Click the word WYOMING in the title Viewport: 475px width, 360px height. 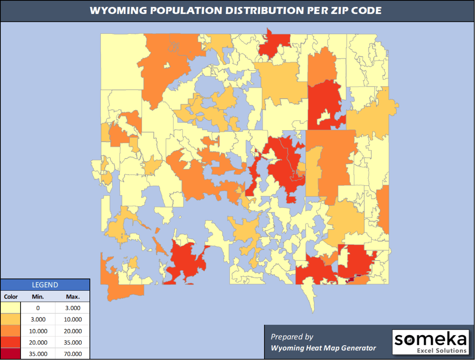[112, 11]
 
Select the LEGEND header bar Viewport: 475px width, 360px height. [45, 285]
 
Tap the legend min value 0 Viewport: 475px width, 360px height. [38, 308]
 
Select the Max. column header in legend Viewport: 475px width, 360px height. [73, 296]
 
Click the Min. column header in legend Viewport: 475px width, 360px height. [38, 296]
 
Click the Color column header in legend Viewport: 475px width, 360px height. [10, 296]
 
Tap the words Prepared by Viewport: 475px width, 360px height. [292, 337]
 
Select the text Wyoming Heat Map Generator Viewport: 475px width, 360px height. [323, 348]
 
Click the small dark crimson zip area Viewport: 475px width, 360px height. [352, 279]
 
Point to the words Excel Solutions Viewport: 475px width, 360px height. [442, 350]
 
